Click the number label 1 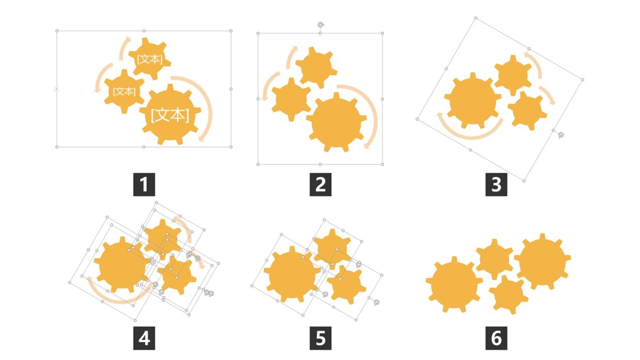click(x=144, y=185)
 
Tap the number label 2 click(x=321, y=185)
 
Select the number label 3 click(x=497, y=185)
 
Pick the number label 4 click(x=144, y=338)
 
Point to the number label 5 click(x=321, y=338)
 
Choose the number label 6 click(x=497, y=338)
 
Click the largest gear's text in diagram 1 click(x=170, y=115)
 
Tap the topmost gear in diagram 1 click(x=150, y=58)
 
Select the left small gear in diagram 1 click(x=124, y=91)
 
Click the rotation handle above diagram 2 click(x=321, y=25)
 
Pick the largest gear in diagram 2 click(x=337, y=122)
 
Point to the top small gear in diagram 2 click(x=316, y=68)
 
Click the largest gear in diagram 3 click(x=473, y=101)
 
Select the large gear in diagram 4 click(x=122, y=265)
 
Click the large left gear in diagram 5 click(x=292, y=274)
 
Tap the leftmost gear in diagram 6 click(x=454, y=284)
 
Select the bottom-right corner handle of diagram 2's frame click(x=382, y=165)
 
